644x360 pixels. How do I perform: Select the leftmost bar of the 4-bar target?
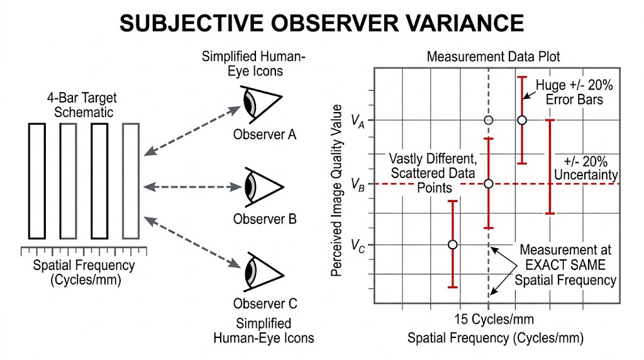point(37,181)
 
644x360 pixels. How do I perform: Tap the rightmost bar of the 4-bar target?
point(130,181)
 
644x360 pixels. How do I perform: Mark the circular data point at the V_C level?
point(452,244)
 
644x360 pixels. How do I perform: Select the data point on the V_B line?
point(488,183)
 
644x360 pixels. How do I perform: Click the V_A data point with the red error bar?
point(521,120)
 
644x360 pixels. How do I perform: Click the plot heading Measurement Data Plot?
point(493,57)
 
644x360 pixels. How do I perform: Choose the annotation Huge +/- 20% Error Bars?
point(569,92)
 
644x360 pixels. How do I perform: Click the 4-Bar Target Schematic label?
point(81,106)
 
